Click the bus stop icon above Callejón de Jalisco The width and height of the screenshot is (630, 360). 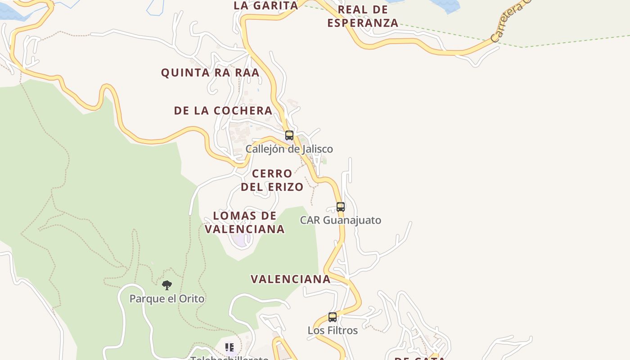(289, 135)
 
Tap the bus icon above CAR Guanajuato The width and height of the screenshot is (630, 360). (341, 207)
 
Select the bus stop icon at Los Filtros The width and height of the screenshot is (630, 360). (333, 317)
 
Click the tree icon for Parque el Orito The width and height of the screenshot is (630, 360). (167, 285)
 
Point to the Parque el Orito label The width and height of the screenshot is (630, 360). (167, 299)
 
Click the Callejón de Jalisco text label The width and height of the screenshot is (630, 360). (289, 149)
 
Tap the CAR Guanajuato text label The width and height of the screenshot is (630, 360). (341, 220)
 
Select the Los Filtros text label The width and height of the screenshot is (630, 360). (333, 331)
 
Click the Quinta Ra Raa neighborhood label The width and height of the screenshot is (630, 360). (210, 72)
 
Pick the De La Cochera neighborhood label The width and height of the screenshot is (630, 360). (223, 110)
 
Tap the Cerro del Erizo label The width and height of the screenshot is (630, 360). (272, 180)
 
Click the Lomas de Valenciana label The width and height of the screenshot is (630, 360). (245, 222)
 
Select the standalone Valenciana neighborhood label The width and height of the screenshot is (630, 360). (291, 279)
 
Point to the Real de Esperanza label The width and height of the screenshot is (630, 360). (363, 16)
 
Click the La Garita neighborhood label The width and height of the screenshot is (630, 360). (266, 5)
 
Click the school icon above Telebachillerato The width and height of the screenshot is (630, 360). (229, 347)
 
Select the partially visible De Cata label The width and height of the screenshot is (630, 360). (420, 358)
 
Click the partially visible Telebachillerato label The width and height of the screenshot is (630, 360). (229, 358)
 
